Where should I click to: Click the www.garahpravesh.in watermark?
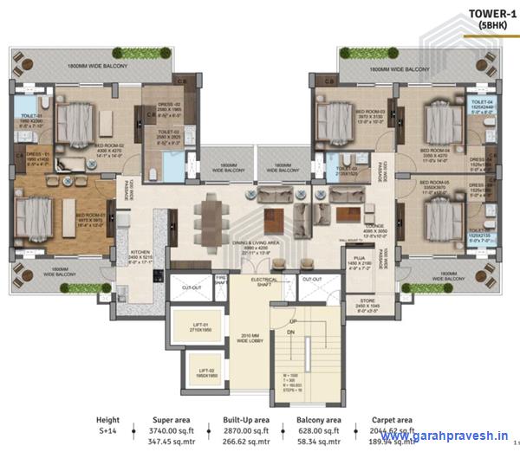coord(445,436)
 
